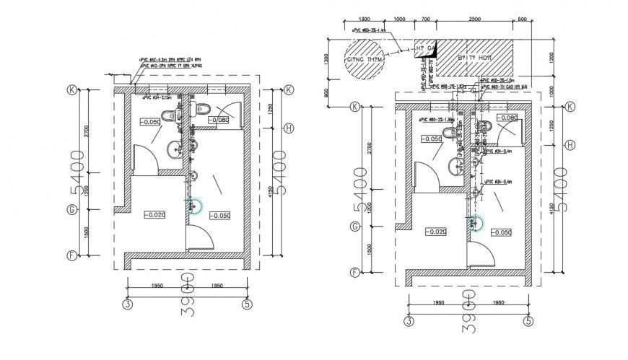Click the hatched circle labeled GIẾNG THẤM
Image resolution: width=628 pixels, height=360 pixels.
click(x=362, y=61)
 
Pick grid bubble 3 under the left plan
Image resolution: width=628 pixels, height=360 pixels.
click(x=126, y=304)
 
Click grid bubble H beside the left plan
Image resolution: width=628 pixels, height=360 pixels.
click(x=289, y=128)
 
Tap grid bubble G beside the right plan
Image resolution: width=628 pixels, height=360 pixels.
click(x=354, y=227)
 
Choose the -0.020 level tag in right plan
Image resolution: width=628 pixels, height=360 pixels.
click(x=436, y=232)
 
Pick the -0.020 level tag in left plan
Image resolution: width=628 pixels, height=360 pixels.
click(x=154, y=215)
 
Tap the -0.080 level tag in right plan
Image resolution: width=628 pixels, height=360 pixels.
click(x=507, y=118)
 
